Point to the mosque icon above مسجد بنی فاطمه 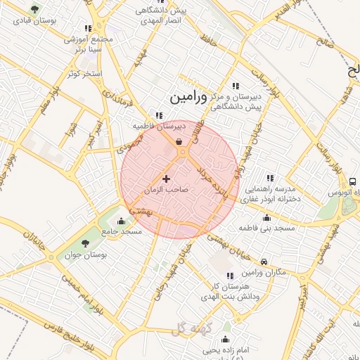pyautogui.click(x=266, y=217)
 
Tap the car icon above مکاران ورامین pyautogui.click(x=264, y=260)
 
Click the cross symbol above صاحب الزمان pyautogui.click(x=167, y=179)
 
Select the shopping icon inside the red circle pyautogui.click(x=180, y=142)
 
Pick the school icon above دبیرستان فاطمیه pyautogui.click(x=160, y=116)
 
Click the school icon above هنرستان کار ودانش pyautogui.click(x=229, y=276)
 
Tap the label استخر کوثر pyautogui.click(x=83, y=73)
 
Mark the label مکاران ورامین pyautogui.click(x=263, y=271)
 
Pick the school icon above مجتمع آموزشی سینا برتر pyautogui.click(x=88, y=29)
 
